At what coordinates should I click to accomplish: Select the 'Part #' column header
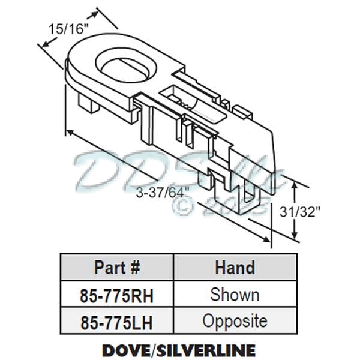click(x=118, y=268)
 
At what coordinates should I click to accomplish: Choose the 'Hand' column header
click(x=235, y=268)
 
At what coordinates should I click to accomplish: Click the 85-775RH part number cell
click(x=118, y=295)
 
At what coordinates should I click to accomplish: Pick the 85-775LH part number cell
click(x=118, y=322)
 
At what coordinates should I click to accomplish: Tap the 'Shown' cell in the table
click(x=235, y=295)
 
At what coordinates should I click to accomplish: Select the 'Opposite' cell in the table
click(x=235, y=321)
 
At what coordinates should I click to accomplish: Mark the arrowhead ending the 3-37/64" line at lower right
click(x=268, y=241)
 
